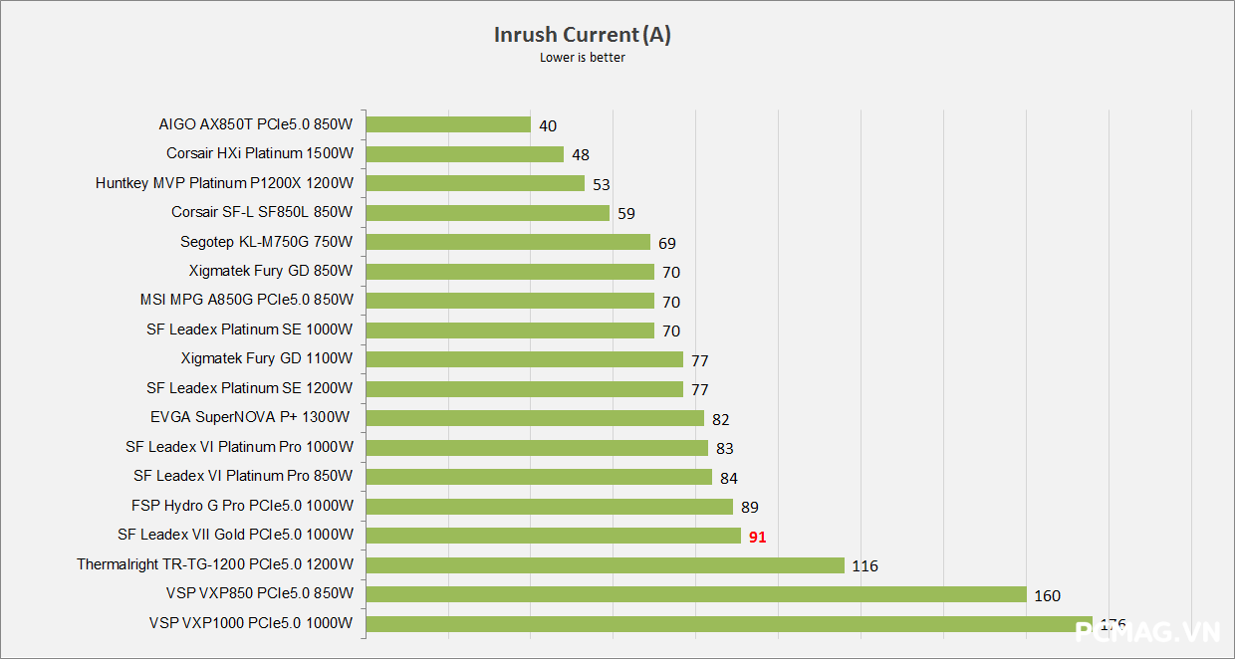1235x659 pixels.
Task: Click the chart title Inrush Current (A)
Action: pyautogui.click(x=583, y=35)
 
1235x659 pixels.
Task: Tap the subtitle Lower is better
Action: pyautogui.click(x=583, y=58)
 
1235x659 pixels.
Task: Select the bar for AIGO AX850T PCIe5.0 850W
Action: pyautogui.click(x=448, y=124)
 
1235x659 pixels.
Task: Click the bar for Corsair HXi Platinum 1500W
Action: pyautogui.click(x=465, y=154)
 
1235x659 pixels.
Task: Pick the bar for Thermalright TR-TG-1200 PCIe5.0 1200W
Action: pyautogui.click(x=606, y=565)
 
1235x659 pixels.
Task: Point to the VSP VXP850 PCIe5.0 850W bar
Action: pyautogui.click(x=696, y=594)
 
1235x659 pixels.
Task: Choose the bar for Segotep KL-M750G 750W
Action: pyautogui.click(x=508, y=242)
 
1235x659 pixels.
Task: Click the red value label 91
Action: pyautogui.click(x=758, y=537)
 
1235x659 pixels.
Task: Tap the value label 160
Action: pyautogui.click(x=1047, y=595)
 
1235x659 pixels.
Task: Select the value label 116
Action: pyautogui.click(x=864, y=566)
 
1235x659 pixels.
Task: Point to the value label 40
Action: pyautogui.click(x=547, y=125)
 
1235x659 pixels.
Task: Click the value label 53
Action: pyautogui.click(x=601, y=184)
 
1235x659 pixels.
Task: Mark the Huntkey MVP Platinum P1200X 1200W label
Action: pyautogui.click(x=224, y=183)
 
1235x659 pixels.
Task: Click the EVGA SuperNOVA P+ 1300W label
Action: pyautogui.click(x=250, y=417)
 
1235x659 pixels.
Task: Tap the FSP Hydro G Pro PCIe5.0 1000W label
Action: pyautogui.click(x=242, y=506)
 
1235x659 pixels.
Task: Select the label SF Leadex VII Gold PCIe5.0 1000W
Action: pyautogui.click(x=235, y=535)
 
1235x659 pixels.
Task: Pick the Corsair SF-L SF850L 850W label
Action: pyautogui.click(x=262, y=212)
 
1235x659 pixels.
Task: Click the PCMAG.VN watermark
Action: pyautogui.click(x=1147, y=631)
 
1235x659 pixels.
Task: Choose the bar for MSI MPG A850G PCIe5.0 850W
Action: pyautogui.click(x=510, y=301)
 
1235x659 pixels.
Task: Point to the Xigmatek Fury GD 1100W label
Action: pyautogui.click(x=267, y=358)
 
